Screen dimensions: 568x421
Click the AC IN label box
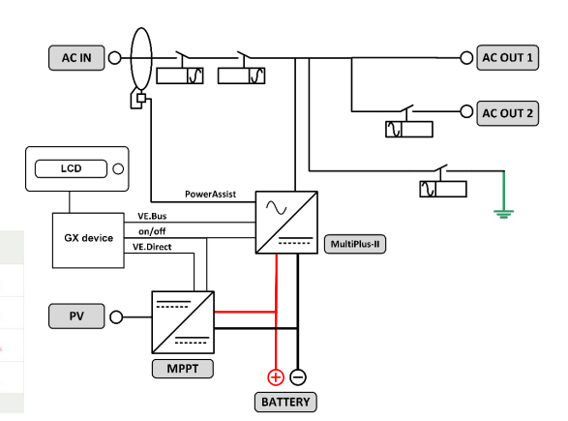[x=76, y=58]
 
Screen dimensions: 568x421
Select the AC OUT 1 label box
[x=507, y=58]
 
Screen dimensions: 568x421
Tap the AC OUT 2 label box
[x=507, y=113]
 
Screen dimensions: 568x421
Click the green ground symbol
[x=503, y=214]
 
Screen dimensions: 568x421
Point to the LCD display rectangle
[x=71, y=168]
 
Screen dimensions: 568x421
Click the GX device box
[x=88, y=241]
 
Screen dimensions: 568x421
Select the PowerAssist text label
[x=211, y=195]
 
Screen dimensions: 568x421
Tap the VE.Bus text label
[x=152, y=216]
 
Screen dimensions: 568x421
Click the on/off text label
[x=152, y=231]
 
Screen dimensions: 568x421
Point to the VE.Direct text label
[x=152, y=247]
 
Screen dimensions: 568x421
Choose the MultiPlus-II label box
[x=355, y=244]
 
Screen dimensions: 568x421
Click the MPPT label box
[x=183, y=369]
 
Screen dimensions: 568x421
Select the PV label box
[x=76, y=316]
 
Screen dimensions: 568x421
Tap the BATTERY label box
[x=285, y=403]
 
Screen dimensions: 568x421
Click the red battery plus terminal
[x=276, y=377]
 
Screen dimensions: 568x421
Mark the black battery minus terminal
[x=298, y=377]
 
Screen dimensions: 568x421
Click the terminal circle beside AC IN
[x=115, y=58]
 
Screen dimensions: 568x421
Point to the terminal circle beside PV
[x=116, y=317]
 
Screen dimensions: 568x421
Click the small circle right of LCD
[x=118, y=168]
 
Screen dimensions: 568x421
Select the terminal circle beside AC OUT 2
[x=466, y=111]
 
